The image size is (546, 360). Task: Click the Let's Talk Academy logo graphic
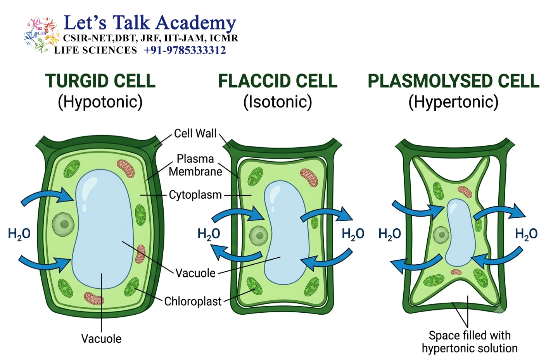pos(42,35)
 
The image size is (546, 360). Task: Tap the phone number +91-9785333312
pos(185,50)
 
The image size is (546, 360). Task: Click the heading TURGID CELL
pos(100,81)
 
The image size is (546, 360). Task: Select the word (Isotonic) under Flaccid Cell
pos(278,102)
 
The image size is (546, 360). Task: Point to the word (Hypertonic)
pos(453,102)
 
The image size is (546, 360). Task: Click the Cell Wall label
pos(195,133)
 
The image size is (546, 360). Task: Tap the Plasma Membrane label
pos(195,165)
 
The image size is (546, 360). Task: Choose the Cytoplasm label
pos(195,195)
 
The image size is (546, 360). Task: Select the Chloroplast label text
pos(193,301)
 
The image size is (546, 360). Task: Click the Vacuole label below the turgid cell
pos(101,339)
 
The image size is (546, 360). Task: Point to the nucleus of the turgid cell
pos(64,224)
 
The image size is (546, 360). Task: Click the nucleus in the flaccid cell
pos(259,236)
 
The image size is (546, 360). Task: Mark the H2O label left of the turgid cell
pos(19,234)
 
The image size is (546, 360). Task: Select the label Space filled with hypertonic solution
pos(470,342)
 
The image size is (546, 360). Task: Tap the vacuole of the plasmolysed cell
pos(460,233)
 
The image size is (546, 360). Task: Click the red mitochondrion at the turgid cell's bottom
pos(94,299)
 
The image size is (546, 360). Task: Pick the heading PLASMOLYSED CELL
pos(453,81)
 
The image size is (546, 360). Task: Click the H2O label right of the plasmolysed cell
pos(526,234)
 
